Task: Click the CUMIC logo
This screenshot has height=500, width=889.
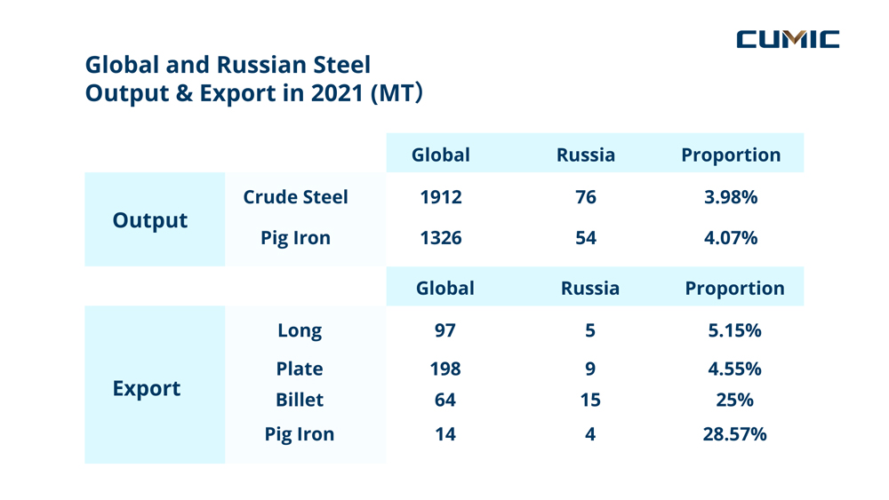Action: [788, 38]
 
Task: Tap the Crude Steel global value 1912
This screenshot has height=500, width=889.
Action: [441, 197]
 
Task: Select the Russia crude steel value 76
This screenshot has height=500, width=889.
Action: [586, 197]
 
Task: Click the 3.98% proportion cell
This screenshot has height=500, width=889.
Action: [731, 197]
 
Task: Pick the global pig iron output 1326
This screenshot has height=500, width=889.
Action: [441, 238]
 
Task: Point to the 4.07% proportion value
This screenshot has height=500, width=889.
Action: [731, 238]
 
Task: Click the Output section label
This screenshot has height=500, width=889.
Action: [150, 220]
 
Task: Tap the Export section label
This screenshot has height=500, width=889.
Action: [147, 388]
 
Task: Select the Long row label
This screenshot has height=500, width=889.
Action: [300, 330]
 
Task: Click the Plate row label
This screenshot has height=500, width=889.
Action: [300, 369]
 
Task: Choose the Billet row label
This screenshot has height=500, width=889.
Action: [300, 400]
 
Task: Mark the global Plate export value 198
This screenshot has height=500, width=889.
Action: [445, 369]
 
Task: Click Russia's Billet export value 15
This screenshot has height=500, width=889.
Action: [590, 400]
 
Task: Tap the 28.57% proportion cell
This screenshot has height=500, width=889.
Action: [735, 434]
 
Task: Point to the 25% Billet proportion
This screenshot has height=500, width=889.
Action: [735, 400]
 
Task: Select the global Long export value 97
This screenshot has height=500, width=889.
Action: [445, 330]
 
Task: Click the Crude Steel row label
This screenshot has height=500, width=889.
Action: [296, 197]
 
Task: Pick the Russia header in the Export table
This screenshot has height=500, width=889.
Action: [590, 289]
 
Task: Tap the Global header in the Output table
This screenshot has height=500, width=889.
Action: [441, 155]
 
